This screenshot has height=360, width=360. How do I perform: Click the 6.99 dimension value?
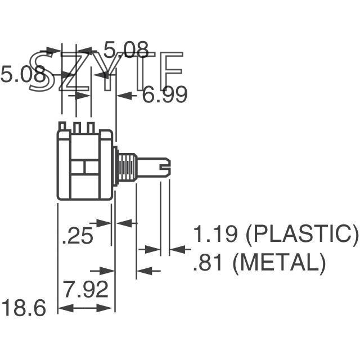pyautogui.click(x=164, y=96)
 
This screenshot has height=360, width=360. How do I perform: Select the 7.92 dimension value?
pyautogui.click(x=85, y=290)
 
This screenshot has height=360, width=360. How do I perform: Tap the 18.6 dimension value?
pyautogui.click(x=23, y=308)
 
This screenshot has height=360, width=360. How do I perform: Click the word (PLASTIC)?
pyautogui.click(x=302, y=235)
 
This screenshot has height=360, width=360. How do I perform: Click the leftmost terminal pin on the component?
pyautogui.click(x=62, y=127)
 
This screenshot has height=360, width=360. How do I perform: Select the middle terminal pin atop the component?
pyautogui.click(x=76, y=127)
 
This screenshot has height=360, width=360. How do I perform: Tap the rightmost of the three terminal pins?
pyautogui.click(x=90, y=127)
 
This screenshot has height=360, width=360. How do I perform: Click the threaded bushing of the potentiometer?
pyautogui.click(x=128, y=167)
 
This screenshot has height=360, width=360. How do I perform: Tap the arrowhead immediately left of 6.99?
pyautogui.click(x=127, y=96)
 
